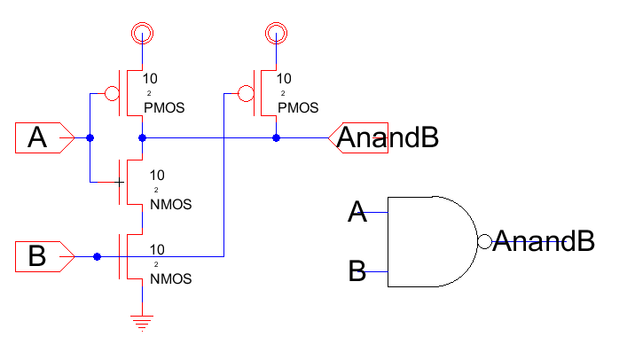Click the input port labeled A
(x=43, y=138)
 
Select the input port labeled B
(x=43, y=257)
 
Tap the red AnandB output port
(x=358, y=138)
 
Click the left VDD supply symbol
(x=142, y=34)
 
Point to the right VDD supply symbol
(x=276, y=34)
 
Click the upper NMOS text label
(x=171, y=204)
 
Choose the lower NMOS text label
(x=171, y=278)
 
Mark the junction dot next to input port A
(x=90, y=138)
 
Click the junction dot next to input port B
(x=97, y=257)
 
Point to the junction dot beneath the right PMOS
(x=276, y=138)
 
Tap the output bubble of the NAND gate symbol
(x=484, y=242)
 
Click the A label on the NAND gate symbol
(x=357, y=213)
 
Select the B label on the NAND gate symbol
(x=357, y=270)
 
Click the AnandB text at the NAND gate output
(x=543, y=240)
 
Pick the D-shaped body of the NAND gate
(x=430, y=242)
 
